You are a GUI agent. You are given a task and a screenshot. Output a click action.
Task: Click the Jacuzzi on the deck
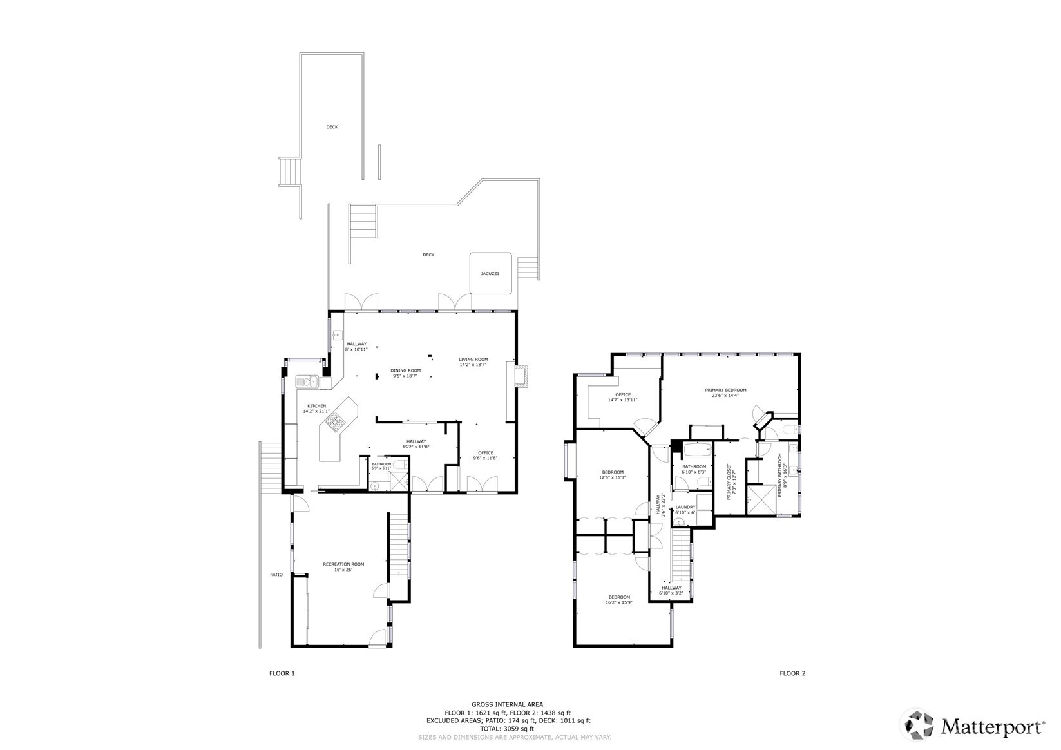(x=490, y=273)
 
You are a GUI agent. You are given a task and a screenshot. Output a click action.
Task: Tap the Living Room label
(x=473, y=360)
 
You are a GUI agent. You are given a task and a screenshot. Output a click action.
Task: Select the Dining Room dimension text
(x=405, y=376)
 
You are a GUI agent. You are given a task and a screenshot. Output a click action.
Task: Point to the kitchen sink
(x=307, y=381)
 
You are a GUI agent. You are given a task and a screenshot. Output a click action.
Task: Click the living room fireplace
(x=523, y=376)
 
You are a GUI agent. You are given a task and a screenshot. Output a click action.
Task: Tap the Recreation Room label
(x=343, y=564)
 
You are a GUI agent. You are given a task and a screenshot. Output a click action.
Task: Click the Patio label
(x=276, y=575)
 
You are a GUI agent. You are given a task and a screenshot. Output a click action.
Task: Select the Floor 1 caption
(x=282, y=673)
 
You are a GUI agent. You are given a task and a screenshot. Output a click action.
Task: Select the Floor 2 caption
(x=792, y=673)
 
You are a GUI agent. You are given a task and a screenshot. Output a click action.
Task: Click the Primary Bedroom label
(x=725, y=390)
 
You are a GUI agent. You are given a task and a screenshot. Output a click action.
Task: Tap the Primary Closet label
(x=729, y=482)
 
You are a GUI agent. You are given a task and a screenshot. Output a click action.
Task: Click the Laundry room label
(x=685, y=507)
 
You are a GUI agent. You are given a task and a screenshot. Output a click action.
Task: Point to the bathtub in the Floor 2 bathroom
(x=696, y=450)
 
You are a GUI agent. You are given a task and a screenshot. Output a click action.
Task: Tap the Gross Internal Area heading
(x=507, y=704)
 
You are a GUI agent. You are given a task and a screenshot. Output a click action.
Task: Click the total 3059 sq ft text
(x=507, y=729)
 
